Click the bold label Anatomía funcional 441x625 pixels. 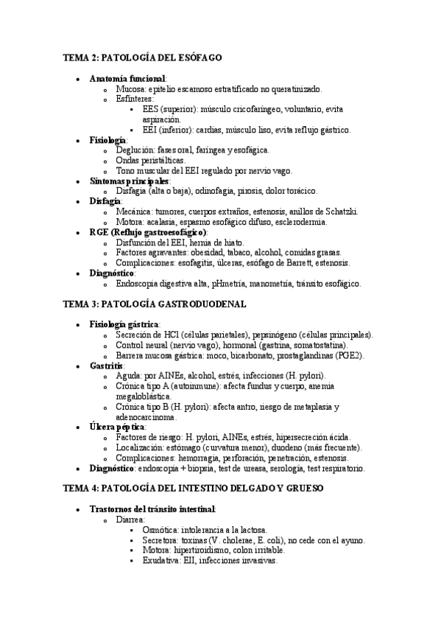point(127,78)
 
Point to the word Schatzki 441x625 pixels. point(340,212)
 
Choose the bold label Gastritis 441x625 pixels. point(106,366)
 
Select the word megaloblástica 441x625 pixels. point(143,396)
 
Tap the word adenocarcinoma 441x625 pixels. point(147,416)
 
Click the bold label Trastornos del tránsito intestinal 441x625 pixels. point(152,509)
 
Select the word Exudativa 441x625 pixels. point(162,560)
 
